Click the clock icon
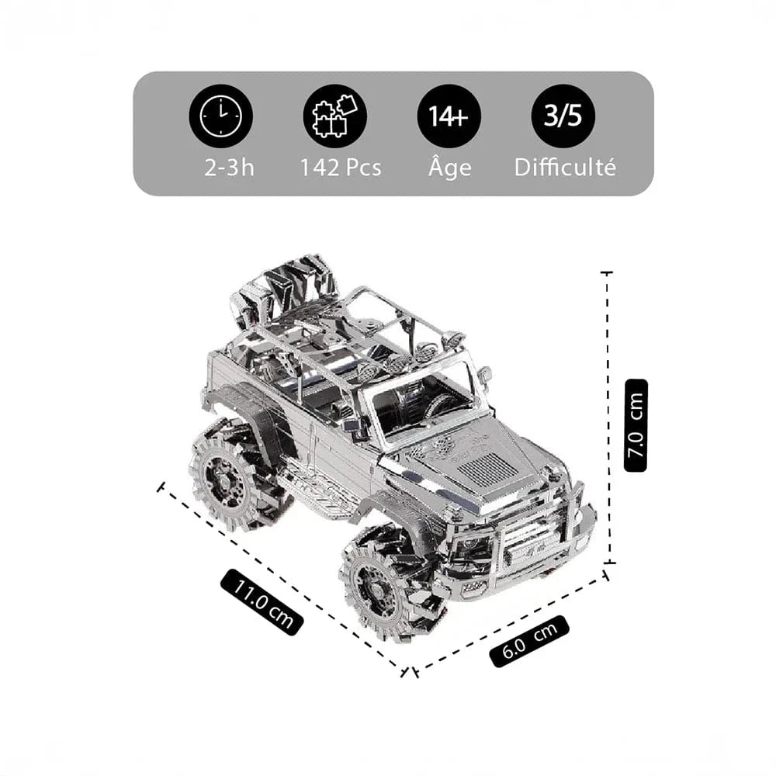pos(221,116)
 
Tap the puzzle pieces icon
pos(335,116)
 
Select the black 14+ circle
pos(449,116)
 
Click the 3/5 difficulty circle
pos(563,116)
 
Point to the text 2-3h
pos(229,168)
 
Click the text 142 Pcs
pos(341,168)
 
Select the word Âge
pos(449,168)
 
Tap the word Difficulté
pos(565,168)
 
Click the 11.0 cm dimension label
pos(262,601)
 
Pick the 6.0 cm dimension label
pos(529,641)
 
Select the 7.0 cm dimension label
pos(636,425)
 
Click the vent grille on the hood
pos(487,469)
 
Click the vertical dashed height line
pos(608,419)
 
